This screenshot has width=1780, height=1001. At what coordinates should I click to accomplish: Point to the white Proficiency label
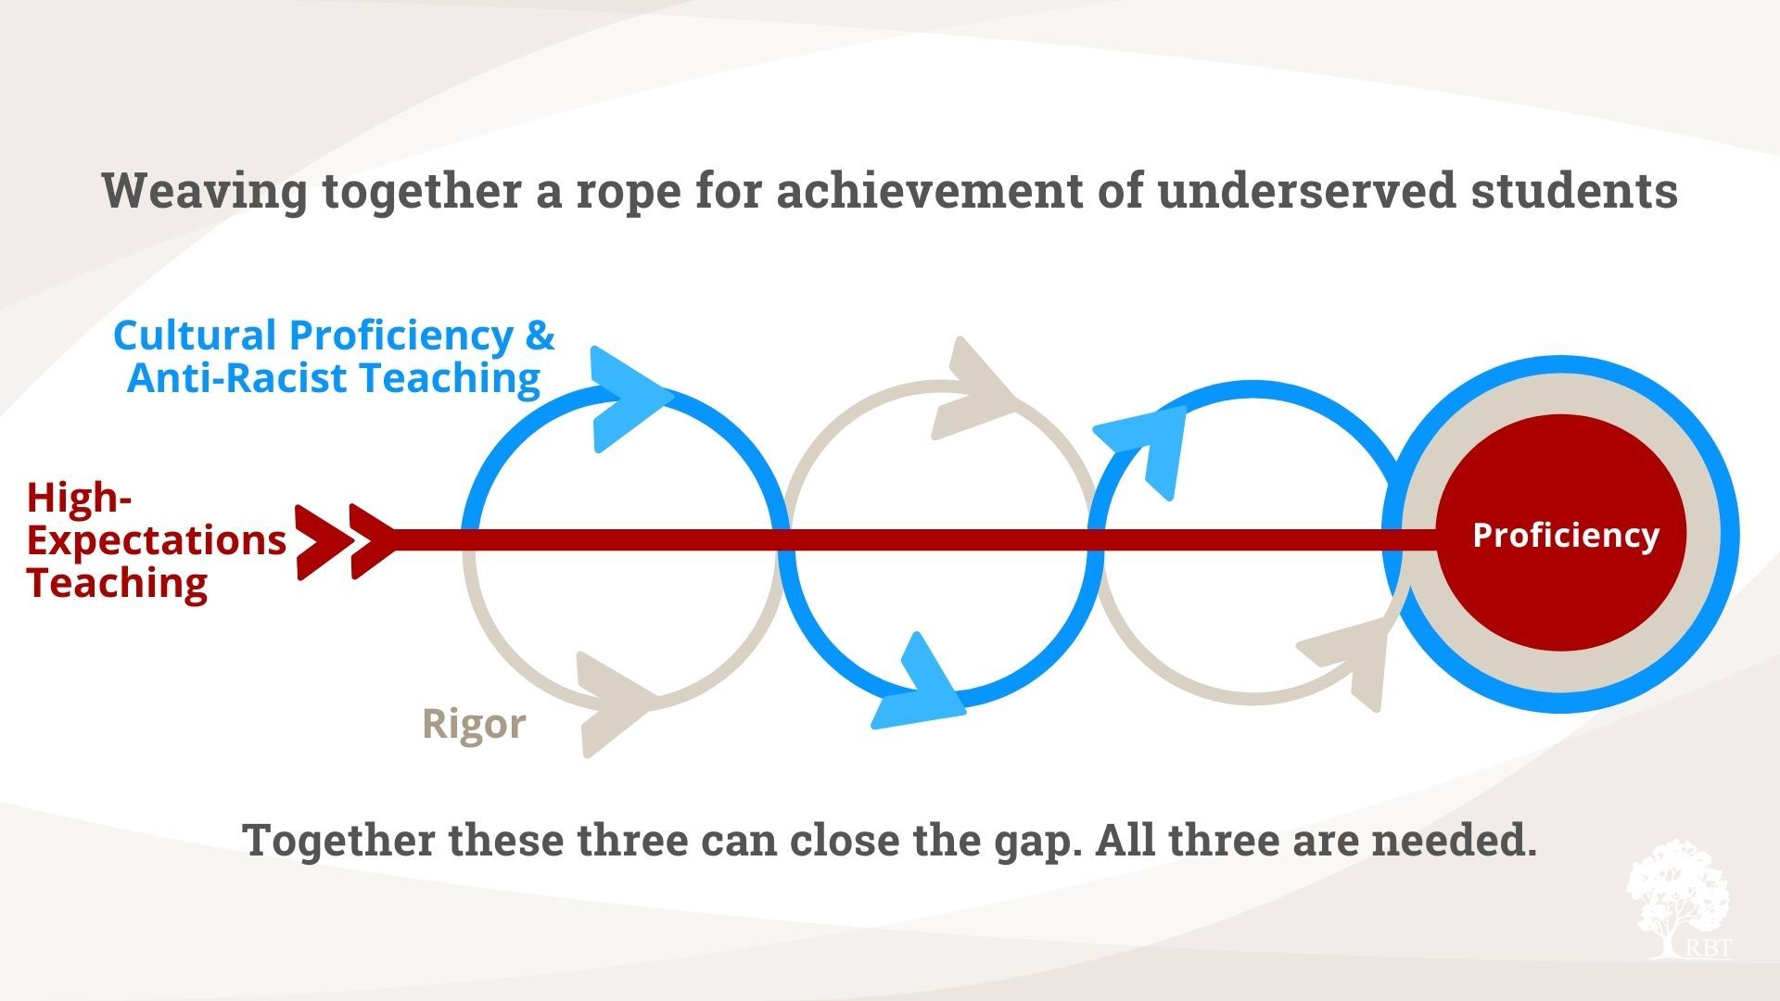[1566, 535]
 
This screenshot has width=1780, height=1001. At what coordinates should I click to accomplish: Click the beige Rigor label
[474, 724]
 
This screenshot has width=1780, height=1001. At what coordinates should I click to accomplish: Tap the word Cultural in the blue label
[195, 335]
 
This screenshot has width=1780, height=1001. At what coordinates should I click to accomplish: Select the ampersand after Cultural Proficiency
[540, 335]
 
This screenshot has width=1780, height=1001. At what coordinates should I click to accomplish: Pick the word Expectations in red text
[157, 540]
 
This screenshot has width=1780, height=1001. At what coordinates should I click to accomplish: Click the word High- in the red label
[80, 498]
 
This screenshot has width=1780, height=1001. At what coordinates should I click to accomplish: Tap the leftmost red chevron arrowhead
[325, 542]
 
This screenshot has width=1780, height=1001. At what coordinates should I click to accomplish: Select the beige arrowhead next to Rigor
[611, 705]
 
